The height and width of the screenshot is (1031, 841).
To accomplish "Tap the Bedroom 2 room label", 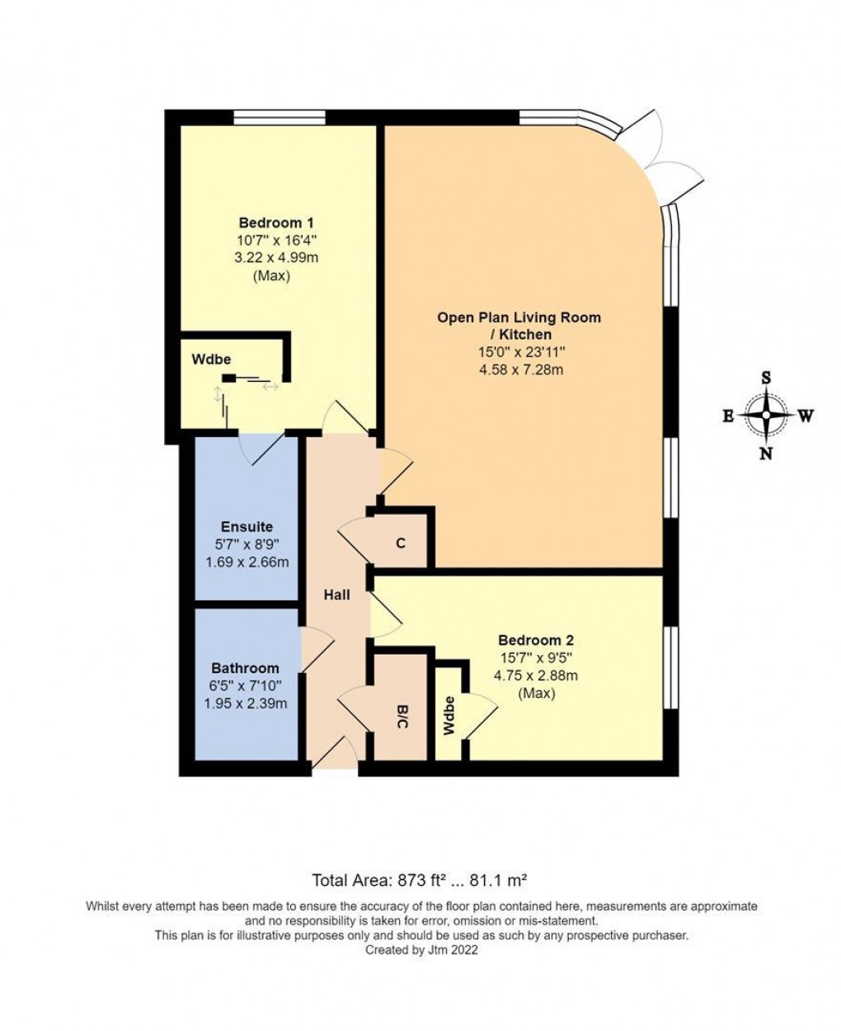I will tap(535, 640).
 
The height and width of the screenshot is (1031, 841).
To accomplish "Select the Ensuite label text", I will tap(247, 527).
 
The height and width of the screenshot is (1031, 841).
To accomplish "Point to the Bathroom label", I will tap(245, 668).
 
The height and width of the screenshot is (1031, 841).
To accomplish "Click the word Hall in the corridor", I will tap(336, 594).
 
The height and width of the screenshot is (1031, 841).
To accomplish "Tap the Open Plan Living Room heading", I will tap(519, 325).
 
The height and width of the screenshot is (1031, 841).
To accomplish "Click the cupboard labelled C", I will tap(401, 544).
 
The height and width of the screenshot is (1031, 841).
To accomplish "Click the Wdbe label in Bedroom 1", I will tap(211, 360).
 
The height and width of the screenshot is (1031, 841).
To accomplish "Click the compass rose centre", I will tap(767, 416).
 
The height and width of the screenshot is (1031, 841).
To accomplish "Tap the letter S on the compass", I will tap(766, 378).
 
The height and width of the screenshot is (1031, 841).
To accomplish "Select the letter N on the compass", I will tap(766, 453).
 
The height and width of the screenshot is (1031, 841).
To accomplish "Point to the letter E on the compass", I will tap(728, 417).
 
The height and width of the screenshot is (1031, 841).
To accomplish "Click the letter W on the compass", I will tap(806, 417).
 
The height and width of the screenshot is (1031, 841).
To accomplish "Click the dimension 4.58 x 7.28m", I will tap(520, 370).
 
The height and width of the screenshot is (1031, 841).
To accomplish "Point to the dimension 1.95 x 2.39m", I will tap(245, 704).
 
